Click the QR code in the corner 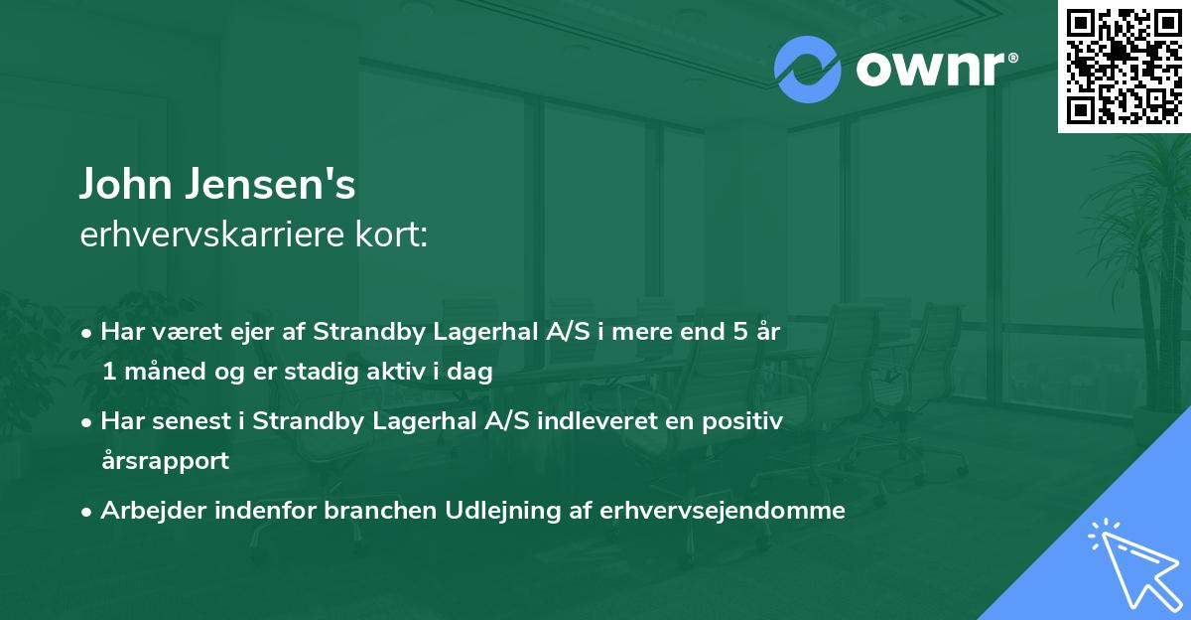[1125, 66]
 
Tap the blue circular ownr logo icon [808, 70]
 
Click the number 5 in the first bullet [739, 333]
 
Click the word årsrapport [165, 461]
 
